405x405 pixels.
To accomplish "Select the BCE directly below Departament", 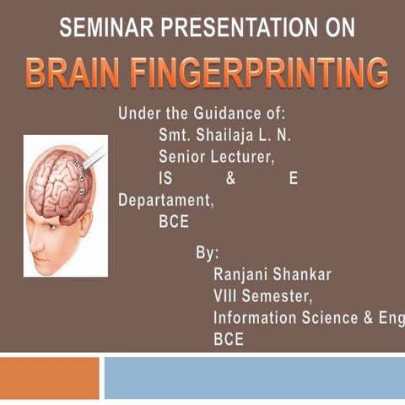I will (x=174, y=224).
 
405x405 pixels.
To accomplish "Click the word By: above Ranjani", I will (x=208, y=252).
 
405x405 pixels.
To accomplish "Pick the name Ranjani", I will (x=242, y=274).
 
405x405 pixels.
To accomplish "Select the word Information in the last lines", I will (x=256, y=318).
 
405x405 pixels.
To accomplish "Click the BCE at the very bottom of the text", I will (x=229, y=340).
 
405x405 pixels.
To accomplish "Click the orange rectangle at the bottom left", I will (x=49, y=377).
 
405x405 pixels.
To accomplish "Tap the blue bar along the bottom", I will (x=254, y=377).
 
